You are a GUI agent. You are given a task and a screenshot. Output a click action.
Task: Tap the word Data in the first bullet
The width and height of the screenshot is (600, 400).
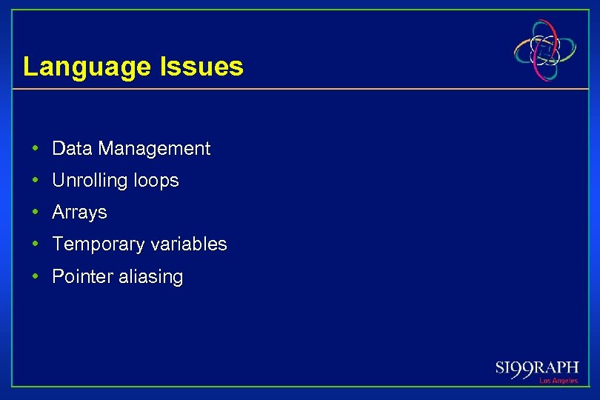[72, 149]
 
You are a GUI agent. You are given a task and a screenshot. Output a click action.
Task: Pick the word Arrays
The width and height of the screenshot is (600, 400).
[79, 213]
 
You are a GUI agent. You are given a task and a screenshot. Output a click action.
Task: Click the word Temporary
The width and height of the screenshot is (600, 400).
[99, 244]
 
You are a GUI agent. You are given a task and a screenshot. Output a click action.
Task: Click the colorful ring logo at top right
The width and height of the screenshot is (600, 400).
[545, 50]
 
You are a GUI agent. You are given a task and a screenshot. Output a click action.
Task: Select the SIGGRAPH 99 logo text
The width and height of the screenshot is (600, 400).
[536, 368]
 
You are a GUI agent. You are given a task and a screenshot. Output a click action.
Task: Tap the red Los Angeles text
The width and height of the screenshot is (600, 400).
[558, 381]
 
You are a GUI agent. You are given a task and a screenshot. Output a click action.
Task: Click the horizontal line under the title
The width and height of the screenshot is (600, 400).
[296, 90]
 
